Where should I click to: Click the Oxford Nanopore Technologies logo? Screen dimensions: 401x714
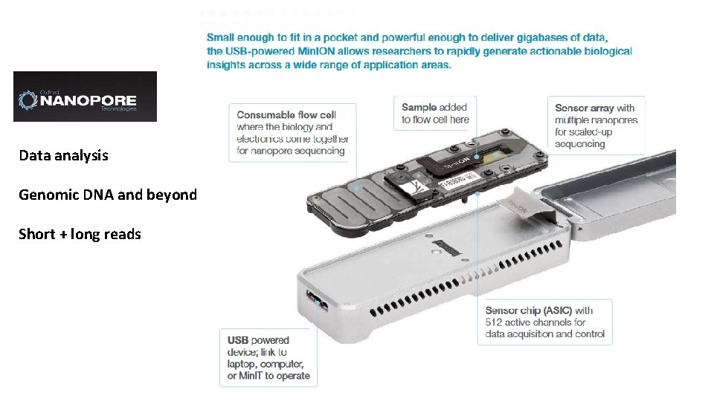[85, 97]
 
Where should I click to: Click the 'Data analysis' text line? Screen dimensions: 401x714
[63, 155]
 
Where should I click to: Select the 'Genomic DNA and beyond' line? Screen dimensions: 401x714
[108, 195]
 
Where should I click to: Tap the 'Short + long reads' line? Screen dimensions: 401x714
[80, 234]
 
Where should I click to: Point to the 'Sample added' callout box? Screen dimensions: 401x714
[435, 114]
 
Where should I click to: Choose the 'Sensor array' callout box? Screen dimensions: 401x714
[596, 125]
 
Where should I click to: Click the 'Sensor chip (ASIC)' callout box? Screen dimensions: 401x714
[545, 322]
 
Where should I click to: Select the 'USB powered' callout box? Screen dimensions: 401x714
[268, 358]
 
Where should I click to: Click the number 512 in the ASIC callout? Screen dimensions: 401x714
[495, 322]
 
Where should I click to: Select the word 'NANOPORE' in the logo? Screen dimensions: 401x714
[88, 100]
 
